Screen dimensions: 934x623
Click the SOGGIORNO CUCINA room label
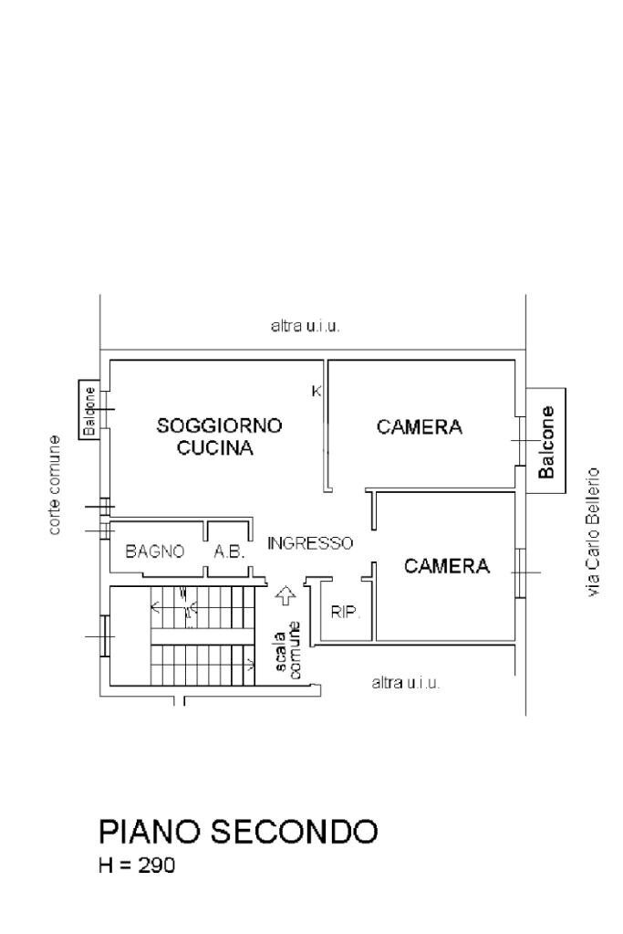219,436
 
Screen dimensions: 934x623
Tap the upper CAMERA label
420,426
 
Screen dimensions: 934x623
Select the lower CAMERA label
447,566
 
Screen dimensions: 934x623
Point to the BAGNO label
155,551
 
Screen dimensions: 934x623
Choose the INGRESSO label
310,542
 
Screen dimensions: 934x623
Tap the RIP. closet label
345,612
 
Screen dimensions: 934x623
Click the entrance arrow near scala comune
286,595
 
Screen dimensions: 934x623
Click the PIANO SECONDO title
237,831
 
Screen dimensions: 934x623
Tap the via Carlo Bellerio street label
595,533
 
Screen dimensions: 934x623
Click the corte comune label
56,485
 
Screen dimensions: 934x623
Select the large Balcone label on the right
546,442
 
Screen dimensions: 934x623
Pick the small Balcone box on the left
89,410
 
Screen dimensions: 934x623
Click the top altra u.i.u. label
306,326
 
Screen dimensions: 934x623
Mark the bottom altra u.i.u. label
406,683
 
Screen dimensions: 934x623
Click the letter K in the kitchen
317,392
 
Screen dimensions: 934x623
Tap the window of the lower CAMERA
520,572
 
